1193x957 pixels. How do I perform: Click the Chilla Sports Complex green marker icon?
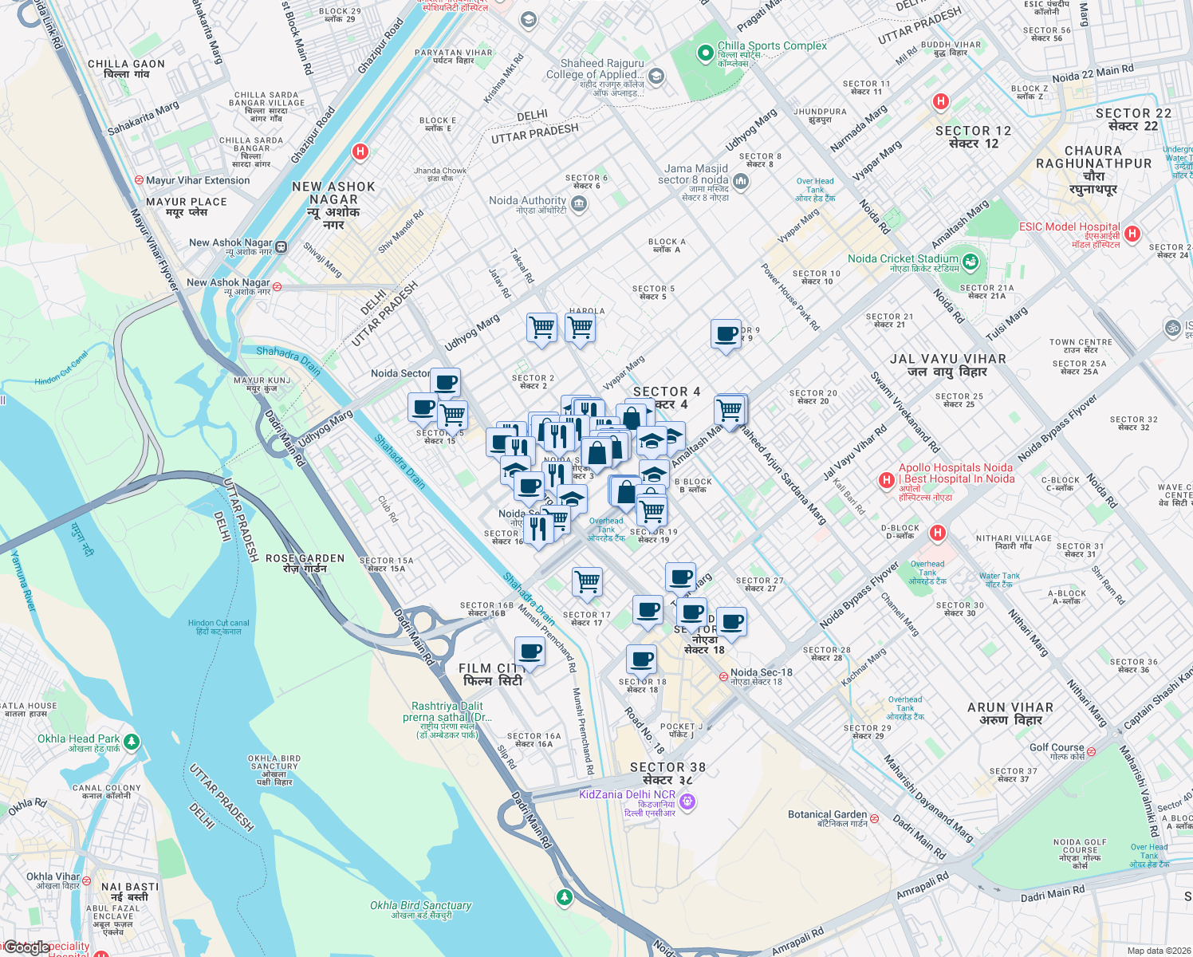(705, 53)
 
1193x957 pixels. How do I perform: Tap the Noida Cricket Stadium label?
(903, 259)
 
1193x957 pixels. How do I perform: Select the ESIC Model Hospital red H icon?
(1132, 234)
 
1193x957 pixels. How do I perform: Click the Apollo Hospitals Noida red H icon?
(885, 480)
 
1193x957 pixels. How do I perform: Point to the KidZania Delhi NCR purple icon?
(687, 801)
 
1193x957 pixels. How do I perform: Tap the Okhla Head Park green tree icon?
(132, 742)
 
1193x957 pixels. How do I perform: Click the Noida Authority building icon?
(579, 203)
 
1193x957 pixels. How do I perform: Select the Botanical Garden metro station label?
(827, 815)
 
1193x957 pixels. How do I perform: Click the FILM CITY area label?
(492, 675)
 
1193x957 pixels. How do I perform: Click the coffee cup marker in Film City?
(530, 652)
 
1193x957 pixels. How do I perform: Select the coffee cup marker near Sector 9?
(726, 334)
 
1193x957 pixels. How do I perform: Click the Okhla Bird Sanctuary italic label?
(420, 906)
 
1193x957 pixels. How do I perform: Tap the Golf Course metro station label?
(1057, 748)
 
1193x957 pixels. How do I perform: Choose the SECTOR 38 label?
(667, 767)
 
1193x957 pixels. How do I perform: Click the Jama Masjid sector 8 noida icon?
(741, 182)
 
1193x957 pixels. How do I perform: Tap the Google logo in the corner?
(28, 947)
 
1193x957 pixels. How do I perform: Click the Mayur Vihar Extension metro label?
(198, 180)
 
